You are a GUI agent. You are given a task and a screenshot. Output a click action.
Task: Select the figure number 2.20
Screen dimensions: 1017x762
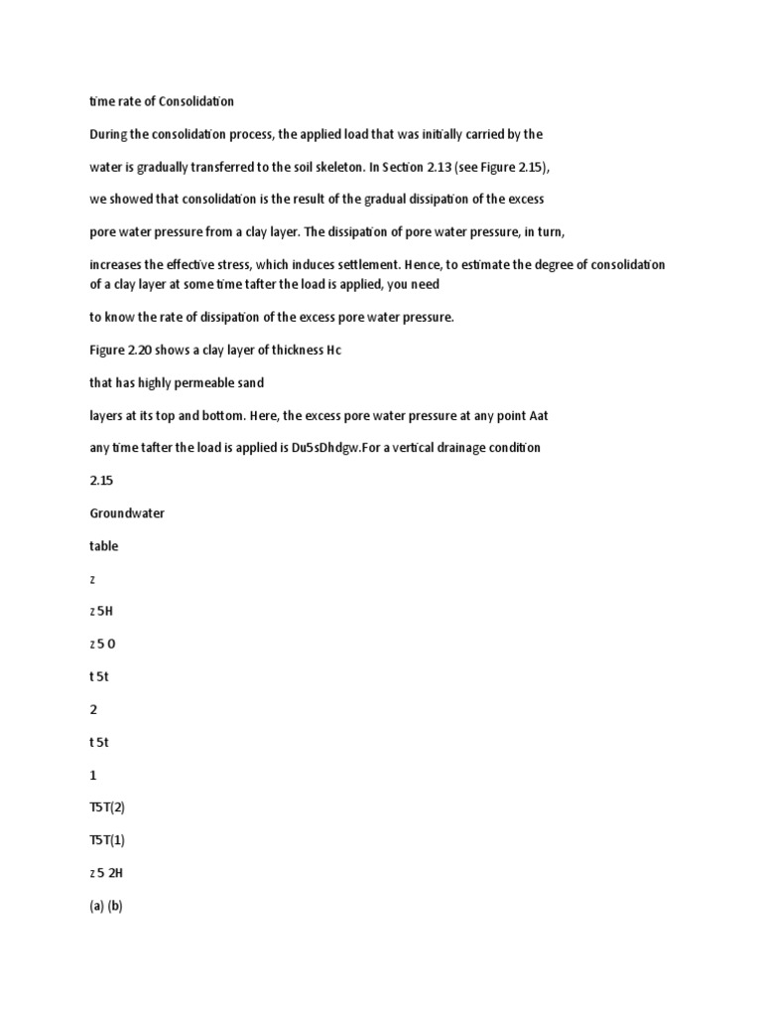coord(146,351)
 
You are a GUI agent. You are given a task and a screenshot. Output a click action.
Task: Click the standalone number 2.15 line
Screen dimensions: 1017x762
coord(100,480)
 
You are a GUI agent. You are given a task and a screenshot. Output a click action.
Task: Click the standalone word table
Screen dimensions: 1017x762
coord(103,545)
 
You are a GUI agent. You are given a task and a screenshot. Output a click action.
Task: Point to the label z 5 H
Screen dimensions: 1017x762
coord(102,611)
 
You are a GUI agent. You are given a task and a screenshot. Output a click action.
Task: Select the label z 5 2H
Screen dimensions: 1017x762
coord(106,873)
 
